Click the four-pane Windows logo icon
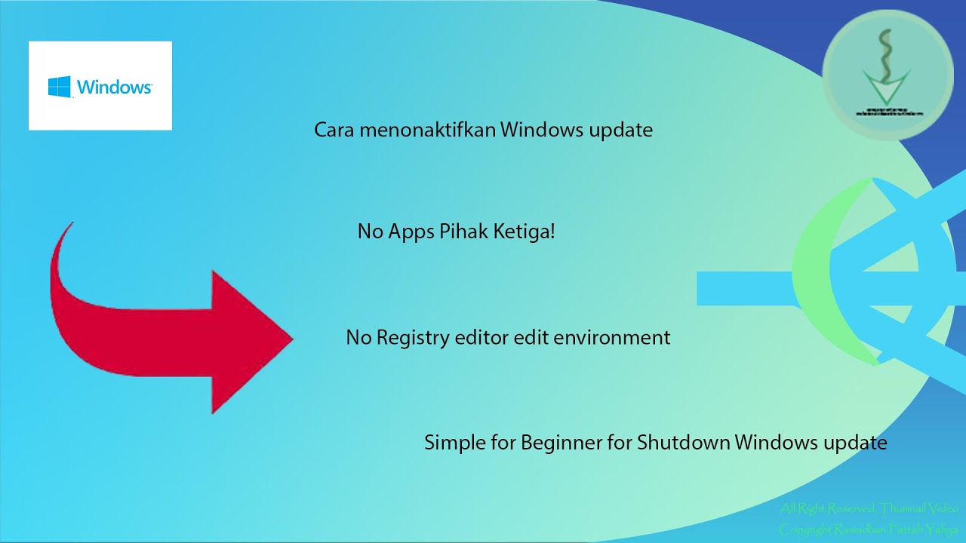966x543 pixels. [x=60, y=86]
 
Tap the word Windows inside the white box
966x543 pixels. [x=114, y=87]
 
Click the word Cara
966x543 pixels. [x=334, y=130]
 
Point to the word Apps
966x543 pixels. [x=410, y=232]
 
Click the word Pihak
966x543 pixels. [x=462, y=232]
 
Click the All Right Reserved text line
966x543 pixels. [x=869, y=508]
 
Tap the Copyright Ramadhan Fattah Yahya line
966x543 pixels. [x=869, y=529]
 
